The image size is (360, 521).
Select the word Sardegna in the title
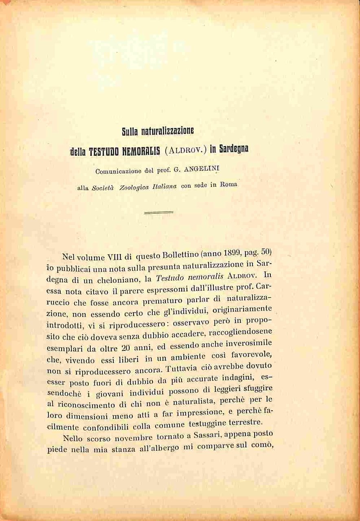coord(234,149)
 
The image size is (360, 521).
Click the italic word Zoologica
coord(130,187)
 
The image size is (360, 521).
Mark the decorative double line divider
coord(158,212)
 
